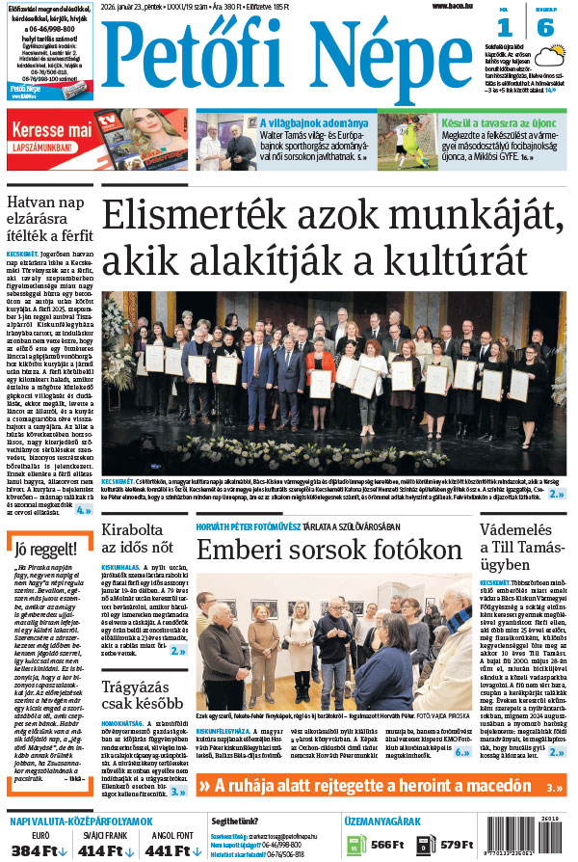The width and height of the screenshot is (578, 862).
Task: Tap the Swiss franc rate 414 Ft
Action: point(105,850)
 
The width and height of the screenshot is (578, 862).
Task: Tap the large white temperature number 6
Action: point(545,28)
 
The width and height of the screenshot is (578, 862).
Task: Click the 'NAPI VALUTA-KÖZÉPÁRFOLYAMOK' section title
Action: point(75,821)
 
